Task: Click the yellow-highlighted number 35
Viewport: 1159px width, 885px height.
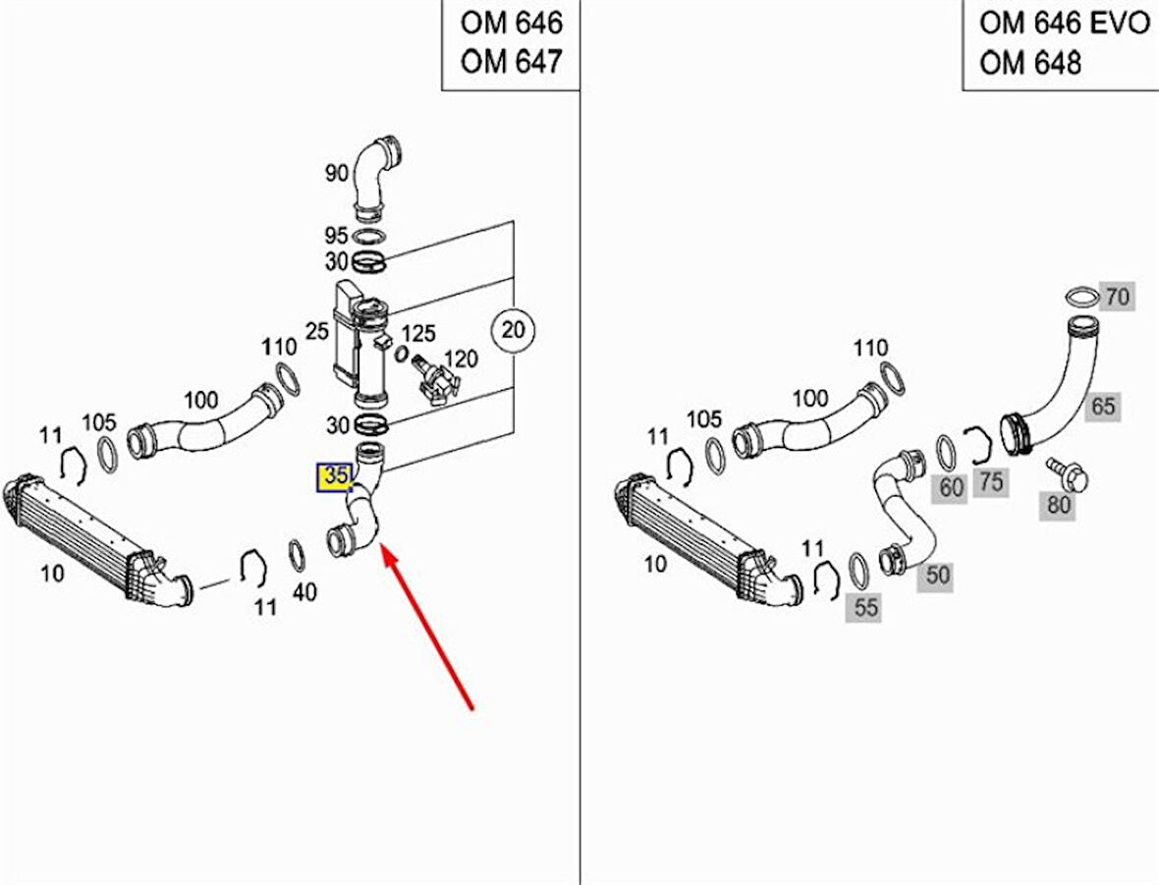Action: coord(335,476)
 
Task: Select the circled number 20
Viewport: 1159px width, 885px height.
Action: coord(512,330)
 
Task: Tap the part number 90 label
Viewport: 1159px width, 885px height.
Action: coord(337,174)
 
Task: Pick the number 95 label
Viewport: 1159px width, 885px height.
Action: coord(337,237)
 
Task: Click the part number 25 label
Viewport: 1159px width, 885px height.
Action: coord(316,332)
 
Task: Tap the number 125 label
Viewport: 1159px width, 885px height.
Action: coord(419,334)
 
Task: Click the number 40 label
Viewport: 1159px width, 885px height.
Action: coord(304,591)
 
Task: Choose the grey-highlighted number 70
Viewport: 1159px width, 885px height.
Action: coord(1117,296)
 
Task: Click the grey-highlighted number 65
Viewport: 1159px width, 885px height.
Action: coord(1103,406)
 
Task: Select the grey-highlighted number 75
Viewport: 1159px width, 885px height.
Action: coord(992,480)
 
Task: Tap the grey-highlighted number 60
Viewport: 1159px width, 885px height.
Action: coord(952,487)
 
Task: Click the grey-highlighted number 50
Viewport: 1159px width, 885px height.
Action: coord(938,575)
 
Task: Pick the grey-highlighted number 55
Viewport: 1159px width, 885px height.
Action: coord(865,608)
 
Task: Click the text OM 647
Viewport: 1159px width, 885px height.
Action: coord(511,62)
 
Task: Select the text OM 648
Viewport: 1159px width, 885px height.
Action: coord(1029,62)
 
